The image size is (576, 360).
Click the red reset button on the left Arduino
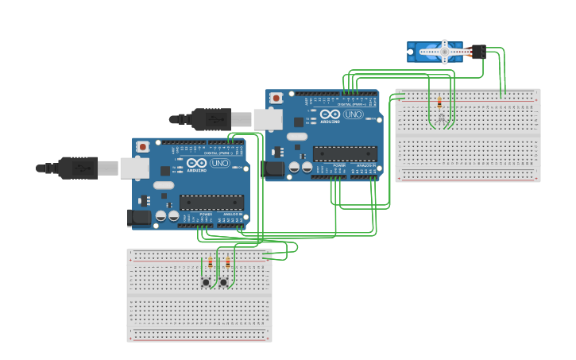pos(143,146)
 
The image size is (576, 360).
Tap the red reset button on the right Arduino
pos(276,98)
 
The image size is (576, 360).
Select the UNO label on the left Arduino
pos(219,163)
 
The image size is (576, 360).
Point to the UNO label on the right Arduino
pos(353,114)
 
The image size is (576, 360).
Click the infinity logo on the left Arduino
pos(197,163)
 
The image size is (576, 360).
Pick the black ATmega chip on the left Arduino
pos(211,202)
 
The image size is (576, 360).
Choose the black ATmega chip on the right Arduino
pos(345,153)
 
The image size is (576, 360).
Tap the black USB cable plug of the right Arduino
pos(211,119)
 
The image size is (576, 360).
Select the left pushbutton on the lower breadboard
pos(206,282)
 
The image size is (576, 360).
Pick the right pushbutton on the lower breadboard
pos(223,282)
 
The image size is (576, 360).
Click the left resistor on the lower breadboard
pos(211,262)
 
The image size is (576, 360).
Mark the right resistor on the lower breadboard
pos(228,262)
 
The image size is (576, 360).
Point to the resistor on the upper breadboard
pos(439,103)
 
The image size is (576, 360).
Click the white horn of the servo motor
pos(444,52)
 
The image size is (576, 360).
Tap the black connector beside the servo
pos(477,52)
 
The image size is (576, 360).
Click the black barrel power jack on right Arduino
pos(273,168)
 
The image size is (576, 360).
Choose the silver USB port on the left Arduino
pos(134,168)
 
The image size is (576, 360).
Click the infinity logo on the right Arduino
pos(331,114)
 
